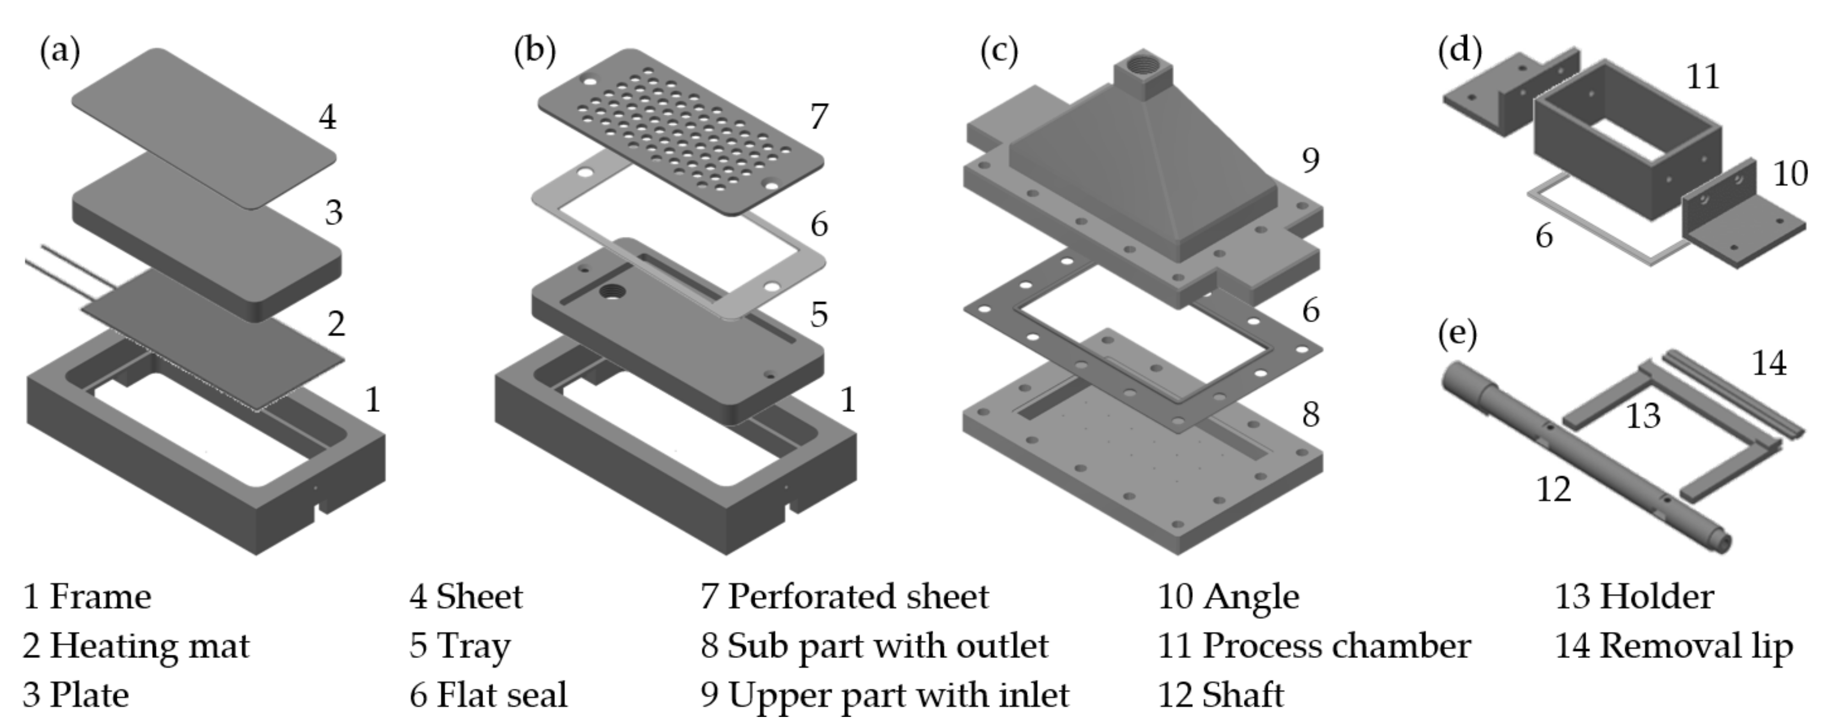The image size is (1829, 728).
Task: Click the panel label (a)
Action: click(x=59, y=52)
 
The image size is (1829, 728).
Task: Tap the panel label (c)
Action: click(x=998, y=52)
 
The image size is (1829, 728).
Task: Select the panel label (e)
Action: click(x=1457, y=333)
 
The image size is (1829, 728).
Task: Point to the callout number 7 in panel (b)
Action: click(x=819, y=116)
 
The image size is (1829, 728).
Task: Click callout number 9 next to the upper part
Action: click(x=1311, y=160)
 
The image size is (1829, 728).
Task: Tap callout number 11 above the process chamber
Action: click(x=1703, y=77)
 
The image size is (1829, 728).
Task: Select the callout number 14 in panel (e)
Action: click(x=1768, y=364)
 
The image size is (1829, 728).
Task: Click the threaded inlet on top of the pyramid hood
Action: click(x=1143, y=69)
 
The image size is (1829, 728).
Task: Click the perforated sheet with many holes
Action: click(x=680, y=131)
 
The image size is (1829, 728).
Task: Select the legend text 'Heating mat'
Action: click(x=149, y=646)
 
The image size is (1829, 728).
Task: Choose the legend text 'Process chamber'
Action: click(x=1335, y=646)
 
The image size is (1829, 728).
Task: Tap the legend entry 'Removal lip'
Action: click(x=1696, y=646)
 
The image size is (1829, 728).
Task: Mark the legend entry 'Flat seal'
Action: click(x=501, y=694)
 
